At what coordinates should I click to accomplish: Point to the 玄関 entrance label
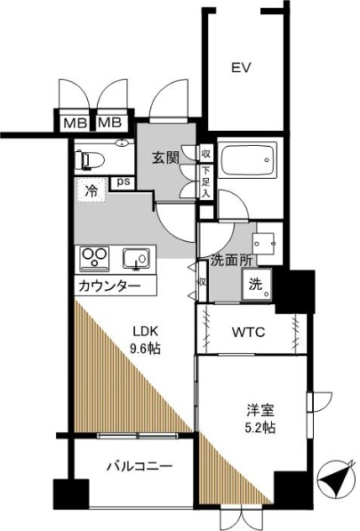tap(164, 158)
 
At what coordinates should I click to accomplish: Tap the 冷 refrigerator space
tap(92, 189)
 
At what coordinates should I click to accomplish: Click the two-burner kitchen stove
tap(94, 260)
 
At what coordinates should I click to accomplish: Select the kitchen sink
tap(135, 260)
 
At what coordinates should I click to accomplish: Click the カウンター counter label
tap(108, 286)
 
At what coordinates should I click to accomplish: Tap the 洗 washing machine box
tap(255, 286)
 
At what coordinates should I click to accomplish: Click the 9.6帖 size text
tap(147, 349)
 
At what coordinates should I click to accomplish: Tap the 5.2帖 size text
tap(260, 429)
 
